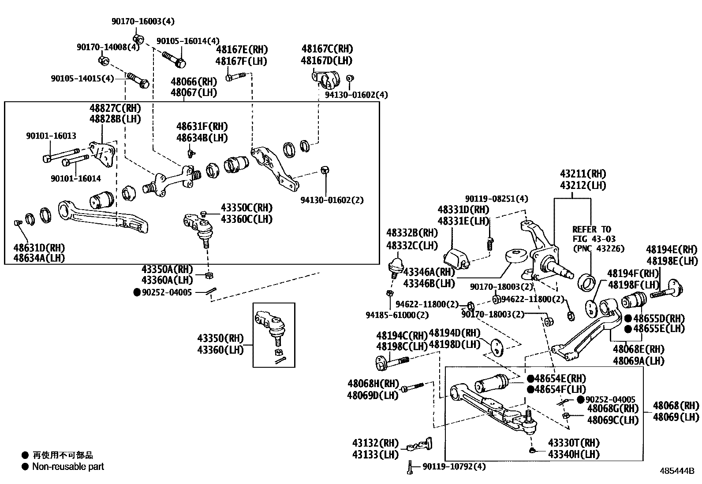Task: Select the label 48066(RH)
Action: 194,81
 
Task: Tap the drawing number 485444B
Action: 677,471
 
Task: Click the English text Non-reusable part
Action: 68,466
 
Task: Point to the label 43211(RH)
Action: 583,174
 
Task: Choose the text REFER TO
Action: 592,229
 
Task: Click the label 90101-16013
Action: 51,136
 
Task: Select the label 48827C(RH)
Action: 115,108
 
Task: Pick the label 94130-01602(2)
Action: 332,200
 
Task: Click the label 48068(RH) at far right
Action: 676,405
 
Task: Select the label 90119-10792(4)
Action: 454,466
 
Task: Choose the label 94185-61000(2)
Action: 397,315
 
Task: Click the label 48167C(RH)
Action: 327,49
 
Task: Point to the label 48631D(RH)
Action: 39,247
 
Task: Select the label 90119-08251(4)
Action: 497,199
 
